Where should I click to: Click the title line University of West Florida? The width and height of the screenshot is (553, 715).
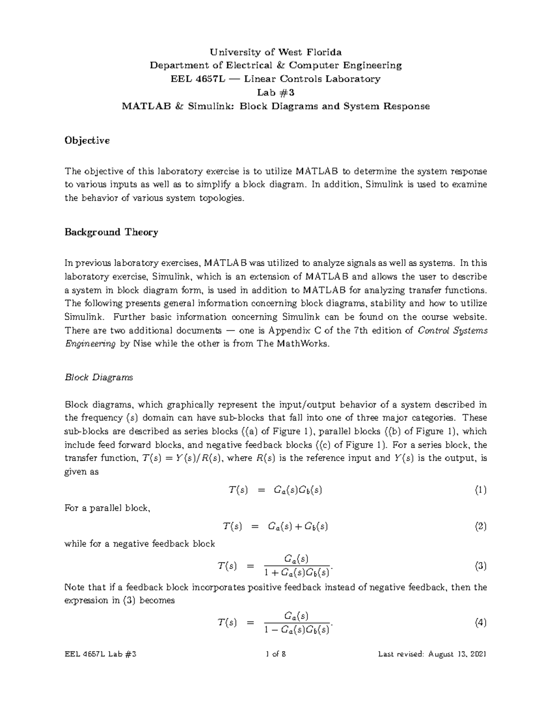coord(276,52)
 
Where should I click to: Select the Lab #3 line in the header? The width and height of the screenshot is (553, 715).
coord(276,93)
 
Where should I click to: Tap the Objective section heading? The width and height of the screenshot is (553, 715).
coord(87,141)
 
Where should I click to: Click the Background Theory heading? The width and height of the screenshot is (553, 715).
coord(111,232)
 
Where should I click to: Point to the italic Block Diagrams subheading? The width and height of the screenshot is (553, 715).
coord(99,378)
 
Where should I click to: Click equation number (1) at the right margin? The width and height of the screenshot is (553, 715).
coord(481,490)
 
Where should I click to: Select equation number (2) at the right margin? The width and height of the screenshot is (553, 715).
coord(481,527)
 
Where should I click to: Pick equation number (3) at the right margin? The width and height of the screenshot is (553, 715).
coord(481,566)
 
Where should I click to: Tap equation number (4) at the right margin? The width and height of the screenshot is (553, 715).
coord(481,623)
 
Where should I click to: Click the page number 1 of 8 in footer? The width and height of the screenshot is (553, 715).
coord(276,654)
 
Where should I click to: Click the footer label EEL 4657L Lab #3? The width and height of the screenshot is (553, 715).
coord(100,654)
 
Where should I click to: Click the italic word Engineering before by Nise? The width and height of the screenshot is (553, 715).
coord(90,344)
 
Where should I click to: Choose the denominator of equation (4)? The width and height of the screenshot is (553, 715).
coord(297,630)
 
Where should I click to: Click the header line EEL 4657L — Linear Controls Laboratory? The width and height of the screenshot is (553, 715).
coord(276,79)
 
